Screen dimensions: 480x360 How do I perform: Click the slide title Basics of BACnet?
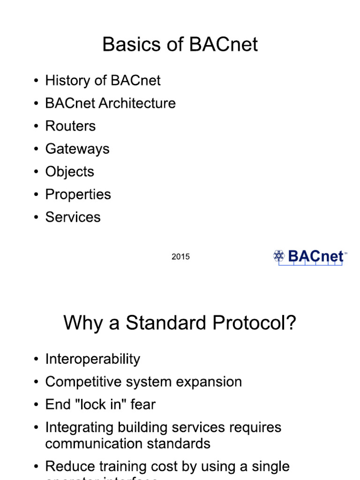(180, 45)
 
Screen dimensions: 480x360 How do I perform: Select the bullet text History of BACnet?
(103, 81)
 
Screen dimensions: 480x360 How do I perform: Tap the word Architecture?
(138, 103)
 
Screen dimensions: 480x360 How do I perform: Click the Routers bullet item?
(70, 126)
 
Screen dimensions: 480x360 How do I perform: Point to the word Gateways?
(77, 149)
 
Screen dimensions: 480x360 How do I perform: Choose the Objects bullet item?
(69, 172)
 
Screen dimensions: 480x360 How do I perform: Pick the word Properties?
(78, 195)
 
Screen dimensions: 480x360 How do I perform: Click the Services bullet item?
(73, 217)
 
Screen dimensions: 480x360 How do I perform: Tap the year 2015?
(180, 257)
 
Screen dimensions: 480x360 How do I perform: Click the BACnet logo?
(309, 257)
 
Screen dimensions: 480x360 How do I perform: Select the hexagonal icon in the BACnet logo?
(279, 255)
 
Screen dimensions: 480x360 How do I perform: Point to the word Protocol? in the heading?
(253, 323)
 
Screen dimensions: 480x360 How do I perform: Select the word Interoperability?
(92, 359)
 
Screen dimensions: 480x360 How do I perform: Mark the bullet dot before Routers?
(36, 127)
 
